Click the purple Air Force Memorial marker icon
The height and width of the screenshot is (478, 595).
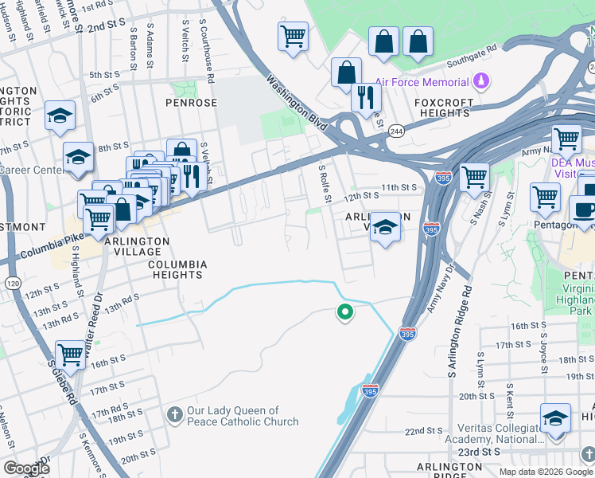(481, 82)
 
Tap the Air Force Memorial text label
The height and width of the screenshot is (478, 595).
(422, 83)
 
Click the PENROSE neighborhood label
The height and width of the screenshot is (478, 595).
(191, 104)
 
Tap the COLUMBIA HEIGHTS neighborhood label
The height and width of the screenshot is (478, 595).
(178, 269)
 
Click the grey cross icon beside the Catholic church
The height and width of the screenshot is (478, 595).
(175, 414)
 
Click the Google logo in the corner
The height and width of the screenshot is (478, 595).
(26, 468)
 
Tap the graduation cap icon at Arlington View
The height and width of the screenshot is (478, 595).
(385, 227)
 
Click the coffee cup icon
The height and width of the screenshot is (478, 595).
(584, 211)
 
